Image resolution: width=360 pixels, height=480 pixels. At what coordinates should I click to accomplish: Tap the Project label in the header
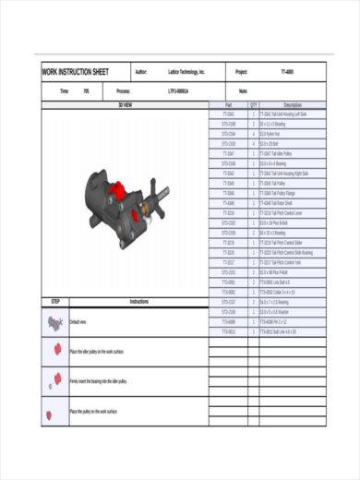pyautogui.click(x=242, y=72)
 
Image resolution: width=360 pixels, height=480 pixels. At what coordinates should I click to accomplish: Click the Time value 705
pyautogui.click(x=86, y=91)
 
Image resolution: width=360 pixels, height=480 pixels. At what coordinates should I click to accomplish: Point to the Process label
pyautogui.click(x=123, y=91)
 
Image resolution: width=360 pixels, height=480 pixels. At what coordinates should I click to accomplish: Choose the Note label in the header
pyautogui.click(x=243, y=91)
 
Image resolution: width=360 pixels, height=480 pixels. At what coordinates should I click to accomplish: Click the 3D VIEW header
pyautogui.click(x=126, y=105)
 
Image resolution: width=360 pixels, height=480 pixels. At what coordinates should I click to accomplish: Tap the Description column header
pyautogui.click(x=293, y=105)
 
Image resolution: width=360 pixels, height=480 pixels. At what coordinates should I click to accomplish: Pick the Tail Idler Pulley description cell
pyautogui.click(x=277, y=153)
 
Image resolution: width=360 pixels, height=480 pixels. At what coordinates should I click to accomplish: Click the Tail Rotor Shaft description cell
pyautogui.click(x=277, y=202)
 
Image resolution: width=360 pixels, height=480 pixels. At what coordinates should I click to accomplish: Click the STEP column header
pyautogui.click(x=55, y=301)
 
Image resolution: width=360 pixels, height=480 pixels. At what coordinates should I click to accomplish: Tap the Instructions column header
pyautogui.click(x=138, y=301)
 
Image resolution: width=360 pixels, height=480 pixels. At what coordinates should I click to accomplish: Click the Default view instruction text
pyautogui.click(x=78, y=321)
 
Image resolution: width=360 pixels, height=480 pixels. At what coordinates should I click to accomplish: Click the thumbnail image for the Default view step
pyautogui.click(x=55, y=321)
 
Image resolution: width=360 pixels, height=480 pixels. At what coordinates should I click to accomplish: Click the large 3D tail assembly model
pyautogui.click(x=125, y=198)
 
